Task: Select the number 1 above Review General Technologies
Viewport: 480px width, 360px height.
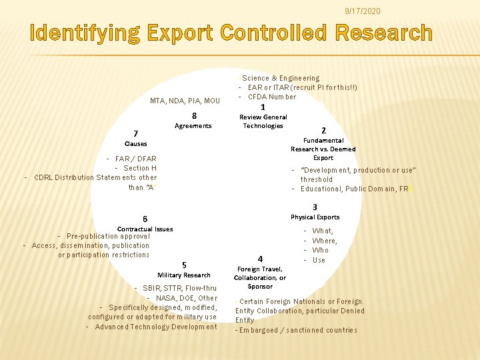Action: click(263, 107)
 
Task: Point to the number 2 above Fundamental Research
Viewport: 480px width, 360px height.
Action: click(323, 130)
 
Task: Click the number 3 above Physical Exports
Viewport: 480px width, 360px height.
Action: click(315, 207)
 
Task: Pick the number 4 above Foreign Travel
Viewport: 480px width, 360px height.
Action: click(260, 259)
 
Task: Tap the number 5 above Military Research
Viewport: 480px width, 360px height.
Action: click(184, 265)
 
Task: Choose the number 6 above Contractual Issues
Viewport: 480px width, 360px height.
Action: click(145, 219)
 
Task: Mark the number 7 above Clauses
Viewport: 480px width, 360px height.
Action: click(135, 133)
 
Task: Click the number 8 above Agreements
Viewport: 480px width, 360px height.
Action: click(193, 115)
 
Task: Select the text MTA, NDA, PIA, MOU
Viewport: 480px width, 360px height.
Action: click(185, 101)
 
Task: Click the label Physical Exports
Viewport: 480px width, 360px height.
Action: click(315, 217)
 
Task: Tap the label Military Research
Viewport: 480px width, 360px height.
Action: click(184, 275)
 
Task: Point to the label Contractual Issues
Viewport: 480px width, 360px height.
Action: click(145, 229)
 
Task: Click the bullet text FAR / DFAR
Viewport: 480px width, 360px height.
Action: click(135, 159)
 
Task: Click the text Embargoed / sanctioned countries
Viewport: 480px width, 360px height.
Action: click(298, 330)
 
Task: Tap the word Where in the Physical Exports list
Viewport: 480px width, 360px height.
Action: click(325, 241)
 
